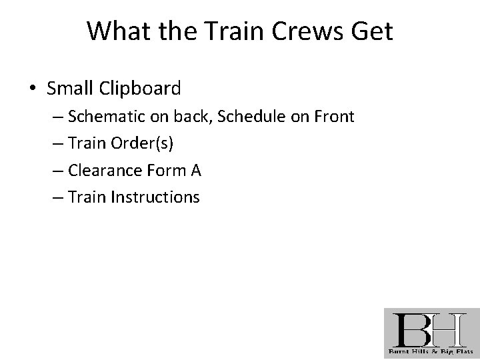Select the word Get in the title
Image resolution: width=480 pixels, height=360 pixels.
point(371,31)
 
